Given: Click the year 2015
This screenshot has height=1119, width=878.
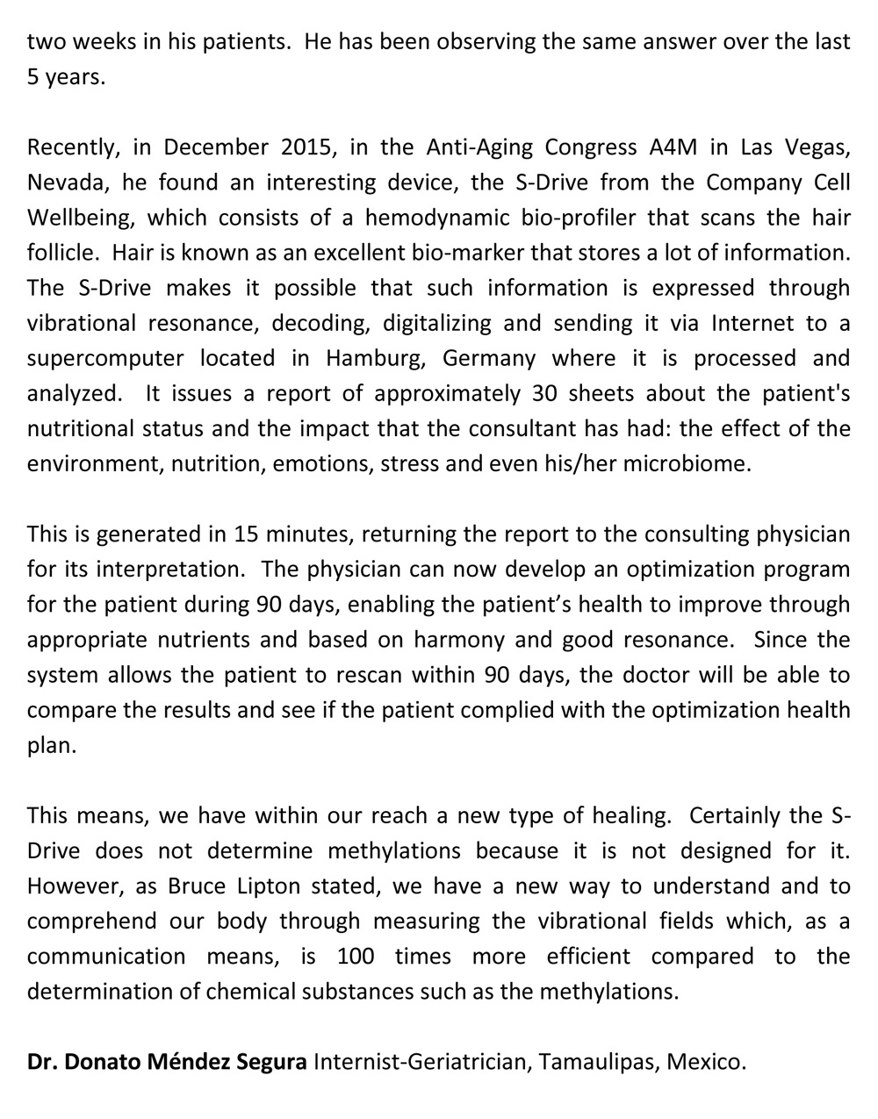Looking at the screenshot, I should pos(309,147).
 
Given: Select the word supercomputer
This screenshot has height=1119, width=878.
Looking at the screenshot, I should pos(105,358).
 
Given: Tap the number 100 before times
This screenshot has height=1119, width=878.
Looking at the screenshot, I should pos(356,956).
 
